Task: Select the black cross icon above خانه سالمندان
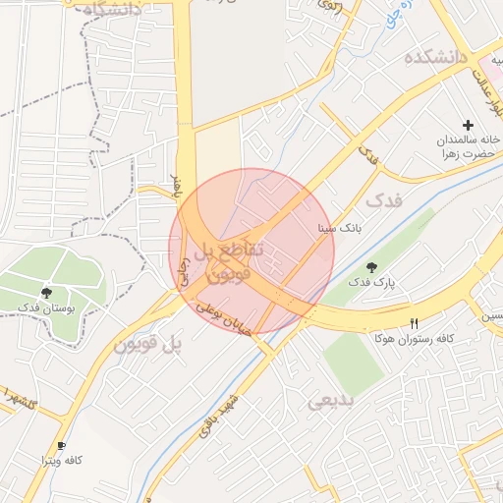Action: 468,125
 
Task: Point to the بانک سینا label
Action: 339,228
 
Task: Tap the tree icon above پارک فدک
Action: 371,267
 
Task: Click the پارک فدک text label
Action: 375,283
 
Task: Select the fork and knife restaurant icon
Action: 415,323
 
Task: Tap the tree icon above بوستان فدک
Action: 46,293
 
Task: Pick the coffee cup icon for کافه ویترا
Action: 62,445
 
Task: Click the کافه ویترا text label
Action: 58,460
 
